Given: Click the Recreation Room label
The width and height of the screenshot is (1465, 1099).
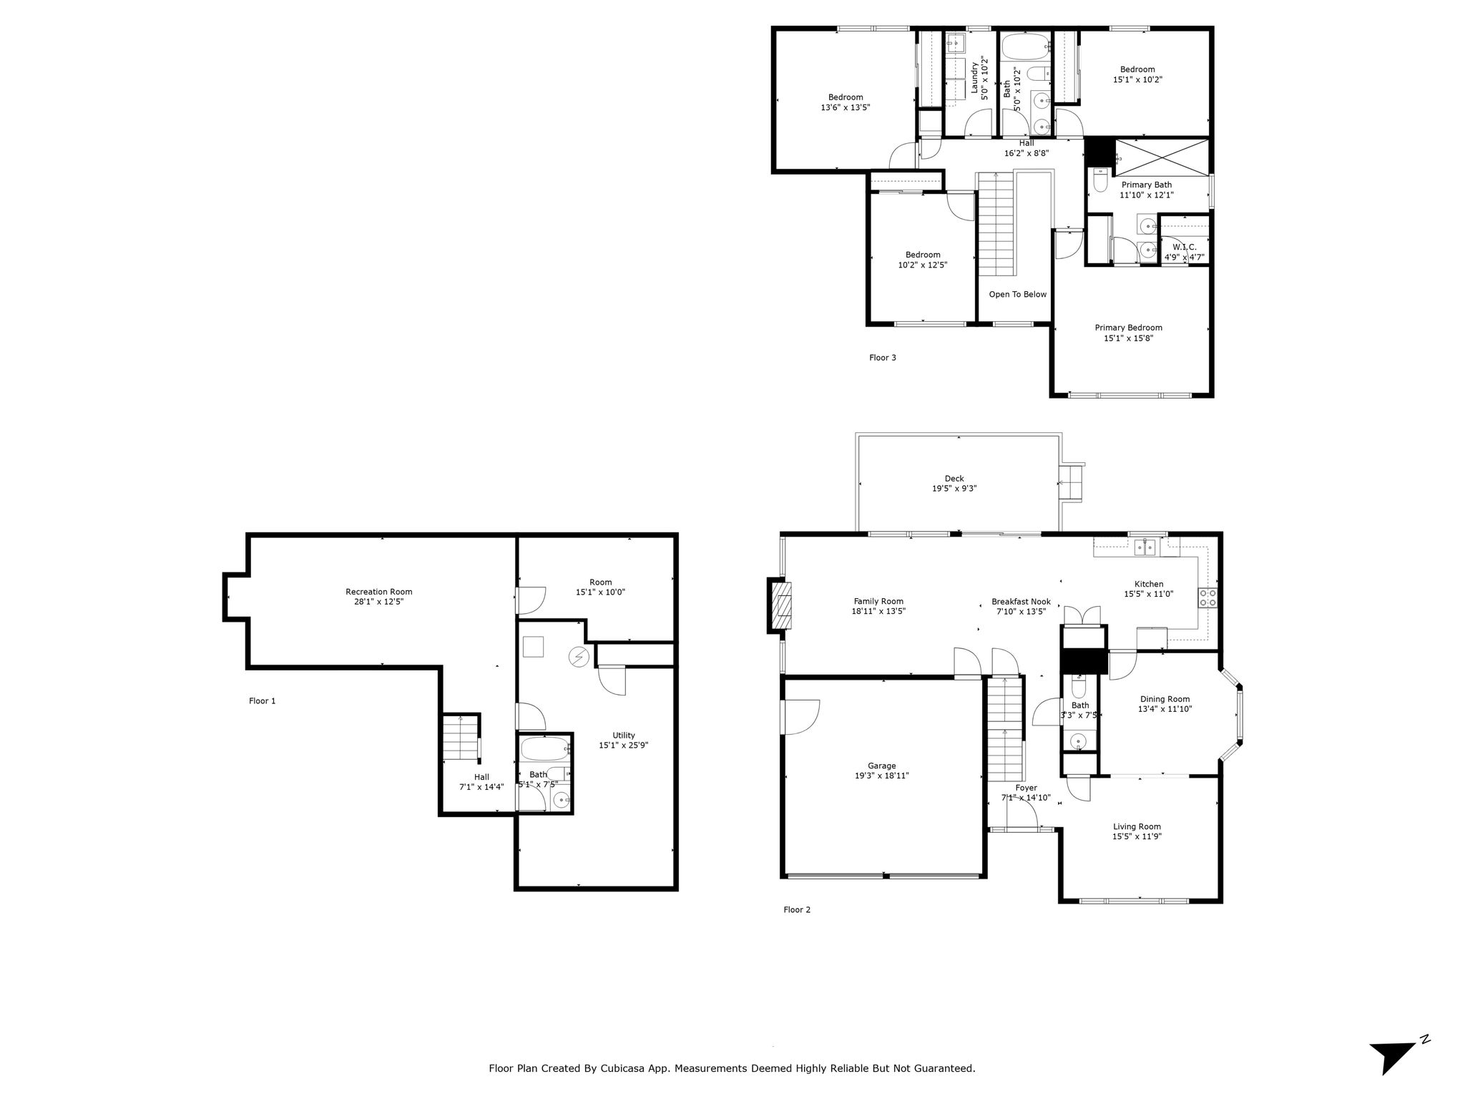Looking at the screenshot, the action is [379, 592].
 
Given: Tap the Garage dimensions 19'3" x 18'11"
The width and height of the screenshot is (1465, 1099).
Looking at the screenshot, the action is [881, 776].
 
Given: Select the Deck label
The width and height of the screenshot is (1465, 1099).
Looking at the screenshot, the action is [954, 479].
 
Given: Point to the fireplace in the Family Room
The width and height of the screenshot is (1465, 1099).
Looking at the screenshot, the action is [780, 605].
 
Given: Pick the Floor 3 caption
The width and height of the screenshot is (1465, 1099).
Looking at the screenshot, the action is [883, 358].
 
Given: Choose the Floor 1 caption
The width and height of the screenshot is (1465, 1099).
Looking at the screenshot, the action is [263, 701].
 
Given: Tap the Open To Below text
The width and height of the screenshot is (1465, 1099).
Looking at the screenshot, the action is [1017, 294].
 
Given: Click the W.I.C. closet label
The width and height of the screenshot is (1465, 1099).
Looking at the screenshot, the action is [1185, 247].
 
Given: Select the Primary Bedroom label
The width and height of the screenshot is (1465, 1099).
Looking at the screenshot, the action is [1129, 328].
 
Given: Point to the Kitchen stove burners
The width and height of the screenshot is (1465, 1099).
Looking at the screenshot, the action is [1208, 597].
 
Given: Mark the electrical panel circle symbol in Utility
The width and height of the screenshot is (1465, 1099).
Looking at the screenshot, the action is [579, 656].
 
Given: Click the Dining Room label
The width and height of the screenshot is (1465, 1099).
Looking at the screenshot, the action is [1165, 699].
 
